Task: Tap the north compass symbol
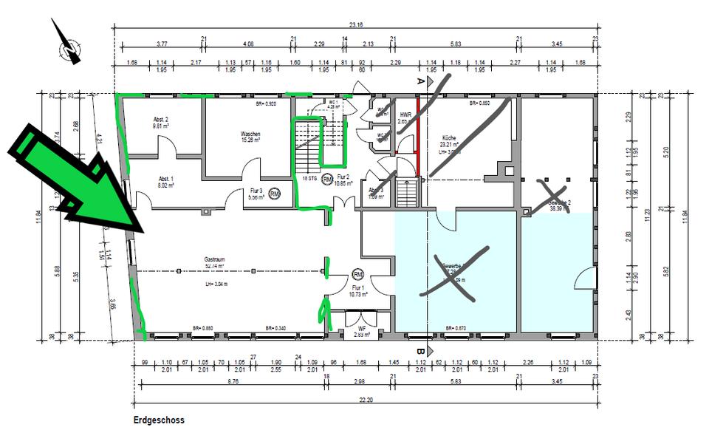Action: click(x=70, y=47)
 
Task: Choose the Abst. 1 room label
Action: click(x=165, y=179)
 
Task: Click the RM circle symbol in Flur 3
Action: click(x=275, y=195)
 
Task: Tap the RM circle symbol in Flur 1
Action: click(x=358, y=273)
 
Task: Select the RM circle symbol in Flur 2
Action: click(x=327, y=178)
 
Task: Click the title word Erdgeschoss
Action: click(x=159, y=420)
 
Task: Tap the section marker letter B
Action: click(x=420, y=352)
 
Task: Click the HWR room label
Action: click(x=405, y=115)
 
